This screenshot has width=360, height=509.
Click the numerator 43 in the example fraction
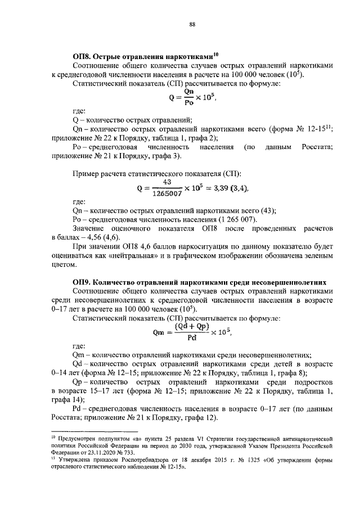coord(166,182)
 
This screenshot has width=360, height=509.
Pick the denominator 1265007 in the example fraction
coord(167,193)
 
